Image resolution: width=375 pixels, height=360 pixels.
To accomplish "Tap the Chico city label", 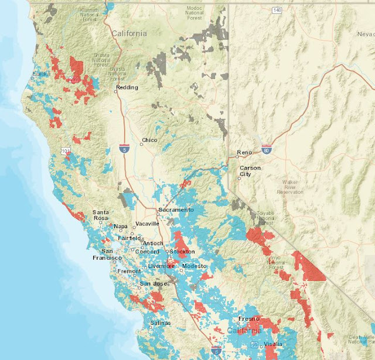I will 150,140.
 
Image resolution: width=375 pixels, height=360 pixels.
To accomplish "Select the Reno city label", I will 244,153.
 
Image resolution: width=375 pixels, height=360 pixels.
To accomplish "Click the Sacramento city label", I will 176,210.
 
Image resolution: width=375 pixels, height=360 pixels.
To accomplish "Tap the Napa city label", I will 121,226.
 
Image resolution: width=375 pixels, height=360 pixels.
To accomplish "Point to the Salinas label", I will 160,323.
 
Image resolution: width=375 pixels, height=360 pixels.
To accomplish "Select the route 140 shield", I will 277,11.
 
